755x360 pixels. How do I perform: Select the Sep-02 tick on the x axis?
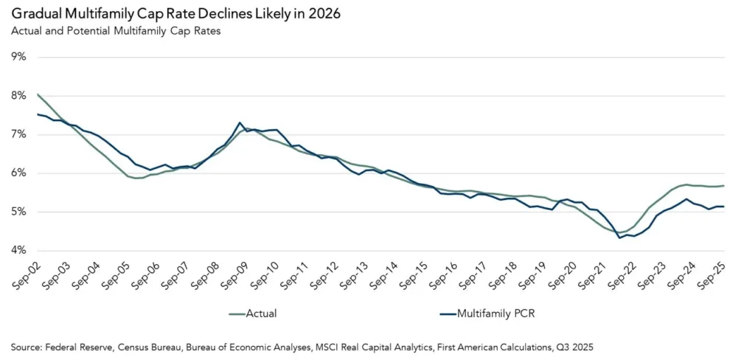coord(25,274)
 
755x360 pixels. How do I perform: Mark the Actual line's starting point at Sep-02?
coord(37,94)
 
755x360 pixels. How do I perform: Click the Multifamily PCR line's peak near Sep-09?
coord(240,122)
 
